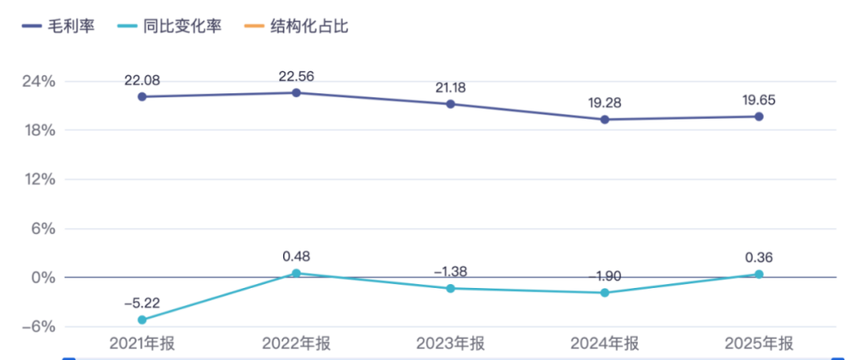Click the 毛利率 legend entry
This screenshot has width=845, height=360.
58,26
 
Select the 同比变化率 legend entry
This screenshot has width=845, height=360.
177,26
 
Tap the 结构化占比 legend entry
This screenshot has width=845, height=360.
297,26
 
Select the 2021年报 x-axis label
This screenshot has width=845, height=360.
142,344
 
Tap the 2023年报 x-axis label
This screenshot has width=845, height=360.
450,344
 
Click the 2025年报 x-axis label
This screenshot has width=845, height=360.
759,344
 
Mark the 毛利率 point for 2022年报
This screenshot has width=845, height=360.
296,93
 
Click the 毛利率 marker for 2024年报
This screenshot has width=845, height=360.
605,120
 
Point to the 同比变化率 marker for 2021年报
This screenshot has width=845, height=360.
142,319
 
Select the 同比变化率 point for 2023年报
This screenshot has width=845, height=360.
450,288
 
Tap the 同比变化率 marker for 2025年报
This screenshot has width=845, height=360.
759,275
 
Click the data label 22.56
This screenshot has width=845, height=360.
296,77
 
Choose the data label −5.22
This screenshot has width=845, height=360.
142,303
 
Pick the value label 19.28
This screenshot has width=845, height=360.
605,103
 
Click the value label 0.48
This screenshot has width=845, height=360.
297,257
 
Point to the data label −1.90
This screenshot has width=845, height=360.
605,277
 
